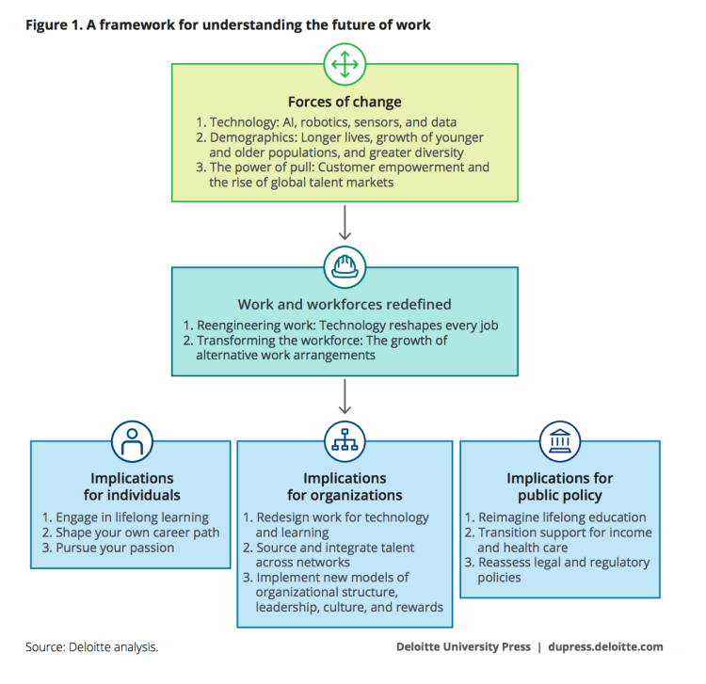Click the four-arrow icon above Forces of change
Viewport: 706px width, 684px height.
(344, 64)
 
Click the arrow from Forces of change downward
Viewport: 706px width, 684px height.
(344, 223)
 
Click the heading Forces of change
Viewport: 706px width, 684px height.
(345, 103)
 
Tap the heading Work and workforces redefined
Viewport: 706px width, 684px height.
(345, 305)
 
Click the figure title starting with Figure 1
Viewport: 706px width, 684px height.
(228, 24)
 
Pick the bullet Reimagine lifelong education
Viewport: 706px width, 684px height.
(555, 517)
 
